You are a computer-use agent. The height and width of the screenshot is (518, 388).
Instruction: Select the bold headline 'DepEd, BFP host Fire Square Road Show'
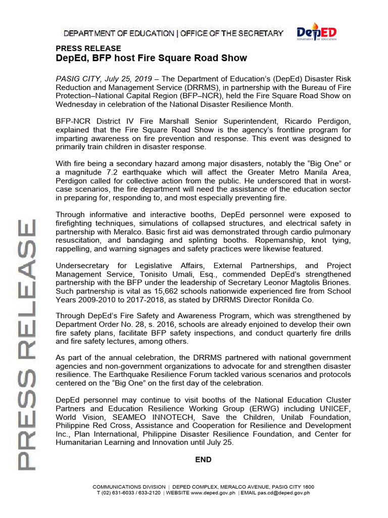point(151,58)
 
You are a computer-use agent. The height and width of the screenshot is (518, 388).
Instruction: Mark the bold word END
point(203,460)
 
